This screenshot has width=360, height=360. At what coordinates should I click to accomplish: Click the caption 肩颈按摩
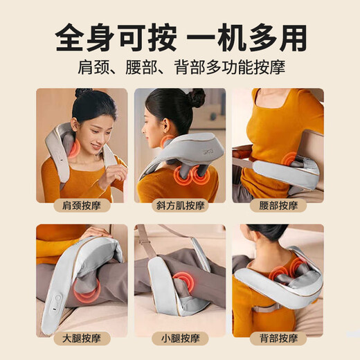82,206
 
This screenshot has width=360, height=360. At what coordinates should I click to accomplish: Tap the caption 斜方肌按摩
180,206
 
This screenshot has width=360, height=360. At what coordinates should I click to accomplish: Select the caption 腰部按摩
278,206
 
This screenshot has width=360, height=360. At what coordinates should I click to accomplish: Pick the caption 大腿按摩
82,339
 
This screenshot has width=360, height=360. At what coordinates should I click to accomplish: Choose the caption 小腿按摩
180,339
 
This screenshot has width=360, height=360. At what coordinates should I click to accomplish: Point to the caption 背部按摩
278,339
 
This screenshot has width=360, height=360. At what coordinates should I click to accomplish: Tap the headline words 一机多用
248,37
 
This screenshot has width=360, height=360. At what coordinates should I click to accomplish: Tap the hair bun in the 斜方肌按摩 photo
196,98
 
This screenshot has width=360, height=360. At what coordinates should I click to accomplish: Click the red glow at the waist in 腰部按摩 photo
287,160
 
